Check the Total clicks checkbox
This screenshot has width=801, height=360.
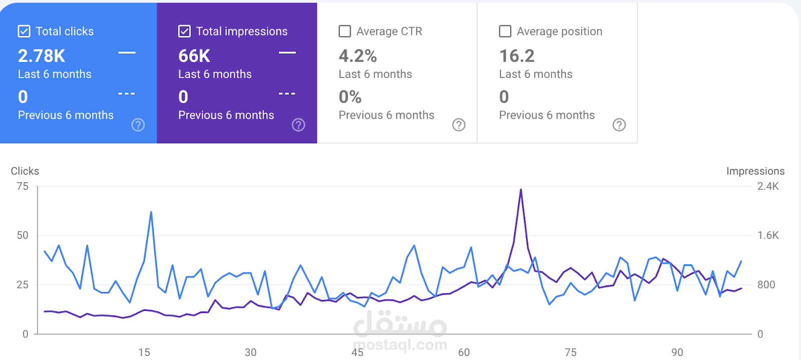coord(24,32)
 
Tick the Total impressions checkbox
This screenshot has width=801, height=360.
coord(184,32)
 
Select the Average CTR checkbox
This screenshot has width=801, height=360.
coord(345,32)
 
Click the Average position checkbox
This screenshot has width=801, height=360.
coord(505,32)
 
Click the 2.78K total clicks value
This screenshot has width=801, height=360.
coord(42,56)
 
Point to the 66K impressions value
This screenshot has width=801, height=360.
coord(194,56)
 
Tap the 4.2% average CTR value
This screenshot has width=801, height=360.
coord(357,56)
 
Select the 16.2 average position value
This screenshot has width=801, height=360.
coord(517,56)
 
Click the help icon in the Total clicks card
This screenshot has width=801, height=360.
coord(138,125)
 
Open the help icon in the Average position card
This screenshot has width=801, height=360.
coord(619,125)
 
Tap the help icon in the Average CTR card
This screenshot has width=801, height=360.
coord(459,125)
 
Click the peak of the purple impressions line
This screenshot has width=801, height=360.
coord(521,190)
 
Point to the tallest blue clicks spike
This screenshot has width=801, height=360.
coord(151,212)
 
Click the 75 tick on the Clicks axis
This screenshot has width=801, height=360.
coord(23,186)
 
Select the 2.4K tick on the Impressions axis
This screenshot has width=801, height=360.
coord(768,186)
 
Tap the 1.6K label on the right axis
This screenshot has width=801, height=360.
coord(768,235)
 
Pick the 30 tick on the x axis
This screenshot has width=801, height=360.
coord(250,352)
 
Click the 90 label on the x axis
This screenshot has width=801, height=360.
coord(677,352)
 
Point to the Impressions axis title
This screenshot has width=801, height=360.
coord(755,171)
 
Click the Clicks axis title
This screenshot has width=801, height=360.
coord(25,171)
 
